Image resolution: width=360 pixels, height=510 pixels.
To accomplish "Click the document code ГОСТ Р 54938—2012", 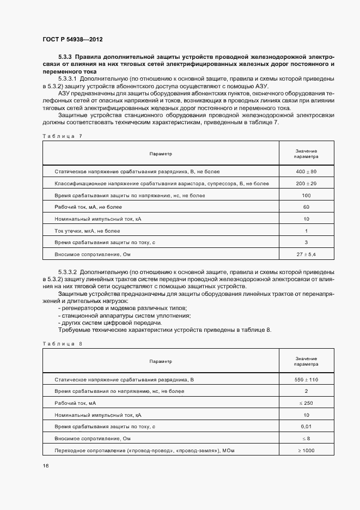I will pyautogui.click(x=72, y=40).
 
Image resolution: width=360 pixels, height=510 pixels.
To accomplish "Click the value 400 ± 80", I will pyautogui.click(x=306, y=172).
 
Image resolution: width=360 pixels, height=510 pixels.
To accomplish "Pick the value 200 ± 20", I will pyautogui.click(x=306, y=184).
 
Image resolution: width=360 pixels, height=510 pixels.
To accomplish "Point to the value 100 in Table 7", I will pyautogui.click(x=306, y=195).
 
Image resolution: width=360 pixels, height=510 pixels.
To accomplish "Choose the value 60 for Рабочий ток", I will pyautogui.click(x=306, y=207).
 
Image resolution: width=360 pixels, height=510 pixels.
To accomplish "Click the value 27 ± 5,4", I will pyautogui.click(x=306, y=254).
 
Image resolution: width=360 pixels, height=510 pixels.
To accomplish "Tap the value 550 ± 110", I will pyautogui.click(x=306, y=379).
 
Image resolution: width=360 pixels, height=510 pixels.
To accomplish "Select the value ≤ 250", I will pyautogui.click(x=306, y=403).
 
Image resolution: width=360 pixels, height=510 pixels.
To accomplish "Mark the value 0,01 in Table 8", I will pyautogui.click(x=306, y=426).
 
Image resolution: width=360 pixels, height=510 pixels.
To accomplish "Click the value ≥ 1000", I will pyautogui.click(x=306, y=450).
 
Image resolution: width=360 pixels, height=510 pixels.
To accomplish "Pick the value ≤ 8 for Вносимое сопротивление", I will pyautogui.click(x=306, y=438).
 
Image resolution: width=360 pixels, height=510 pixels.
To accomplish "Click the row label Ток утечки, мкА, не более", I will pyautogui.click(x=87, y=230).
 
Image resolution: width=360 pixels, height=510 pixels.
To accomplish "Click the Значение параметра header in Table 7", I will pyautogui.click(x=306, y=154).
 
